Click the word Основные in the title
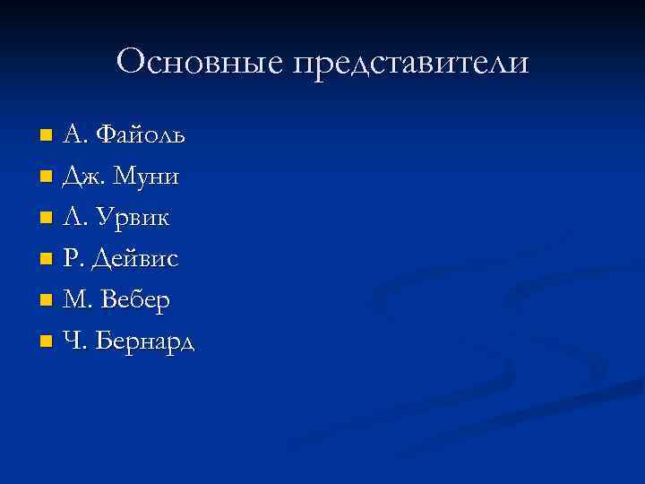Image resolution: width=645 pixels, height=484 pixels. [197, 62]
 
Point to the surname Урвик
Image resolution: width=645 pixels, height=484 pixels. [136, 218]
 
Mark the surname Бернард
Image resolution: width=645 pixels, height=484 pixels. [147, 341]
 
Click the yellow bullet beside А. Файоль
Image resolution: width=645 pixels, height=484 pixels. [47, 136]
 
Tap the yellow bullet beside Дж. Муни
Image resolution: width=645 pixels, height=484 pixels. [47, 177]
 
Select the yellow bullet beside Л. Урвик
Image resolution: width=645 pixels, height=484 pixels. [47, 219]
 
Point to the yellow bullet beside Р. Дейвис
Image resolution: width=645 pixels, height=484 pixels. [47, 260]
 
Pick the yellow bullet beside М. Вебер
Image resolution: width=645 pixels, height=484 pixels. [47, 301]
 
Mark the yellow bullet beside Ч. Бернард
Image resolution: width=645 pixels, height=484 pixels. [47, 342]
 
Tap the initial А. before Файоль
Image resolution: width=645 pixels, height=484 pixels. [74, 134]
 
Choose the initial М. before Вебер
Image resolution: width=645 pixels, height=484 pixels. [75, 300]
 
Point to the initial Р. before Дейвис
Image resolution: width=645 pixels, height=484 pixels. [72, 259]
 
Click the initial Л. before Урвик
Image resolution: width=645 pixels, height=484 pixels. [73, 218]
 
